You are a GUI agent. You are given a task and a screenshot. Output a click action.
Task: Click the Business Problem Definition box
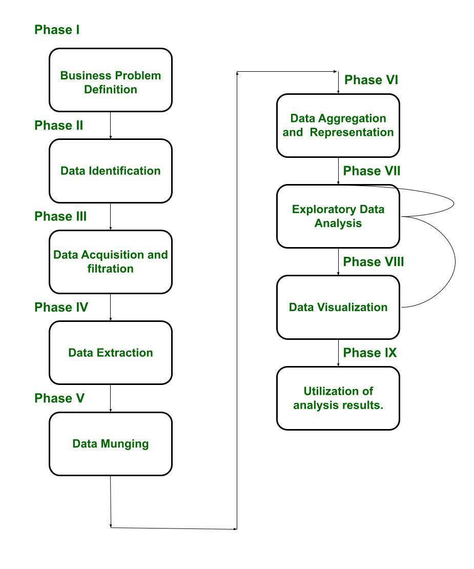[x=111, y=80]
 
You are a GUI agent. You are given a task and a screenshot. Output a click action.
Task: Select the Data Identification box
[x=111, y=171]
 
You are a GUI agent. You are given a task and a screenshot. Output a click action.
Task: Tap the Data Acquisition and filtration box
[x=111, y=261]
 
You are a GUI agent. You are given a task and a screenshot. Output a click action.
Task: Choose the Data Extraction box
[x=111, y=353]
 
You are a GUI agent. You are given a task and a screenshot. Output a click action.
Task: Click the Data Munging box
[x=111, y=443]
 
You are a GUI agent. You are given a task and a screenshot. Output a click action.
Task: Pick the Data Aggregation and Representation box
[x=338, y=125]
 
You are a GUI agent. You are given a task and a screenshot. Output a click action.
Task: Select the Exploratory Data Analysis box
[x=338, y=216]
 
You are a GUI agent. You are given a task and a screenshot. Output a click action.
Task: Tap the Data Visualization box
[x=338, y=307]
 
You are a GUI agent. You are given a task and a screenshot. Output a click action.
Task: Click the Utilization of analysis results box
[x=338, y=398]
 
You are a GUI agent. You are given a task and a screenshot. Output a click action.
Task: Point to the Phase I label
[x=57, y=30]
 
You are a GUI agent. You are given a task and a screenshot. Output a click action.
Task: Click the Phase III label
[x=60, y=216]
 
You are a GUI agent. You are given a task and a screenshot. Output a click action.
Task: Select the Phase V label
[x=59, y=398]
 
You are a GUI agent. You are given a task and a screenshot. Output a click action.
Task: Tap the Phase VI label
[x=371, y=80]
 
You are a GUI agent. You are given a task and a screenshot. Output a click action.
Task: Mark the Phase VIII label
[x=374, y=262]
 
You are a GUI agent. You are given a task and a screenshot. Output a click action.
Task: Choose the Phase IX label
[x=370, y=353]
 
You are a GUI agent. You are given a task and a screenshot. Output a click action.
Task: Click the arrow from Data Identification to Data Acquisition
[x=111, y=216]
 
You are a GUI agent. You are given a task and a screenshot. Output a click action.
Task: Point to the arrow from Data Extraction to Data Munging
[x=111, y=398]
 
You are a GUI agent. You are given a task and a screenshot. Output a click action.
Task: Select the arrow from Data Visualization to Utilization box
[x=338, y=353]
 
